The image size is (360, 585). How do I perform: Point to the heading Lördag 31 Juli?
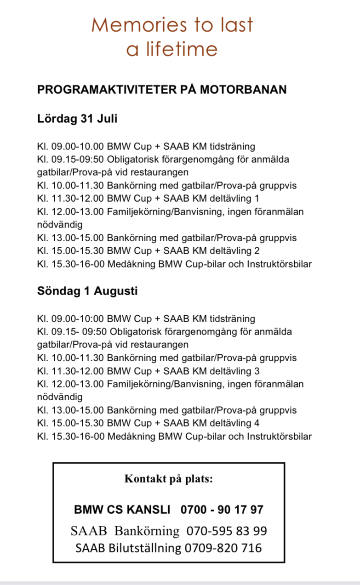click(x=77, y=119)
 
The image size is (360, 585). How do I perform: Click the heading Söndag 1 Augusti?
click(x=87, y=291)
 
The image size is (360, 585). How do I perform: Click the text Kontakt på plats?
click(x=169, y=479)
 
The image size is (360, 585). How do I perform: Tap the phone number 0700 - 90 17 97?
click(x=222, y=510)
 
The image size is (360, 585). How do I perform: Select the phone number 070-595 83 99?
click(x=226, y=531)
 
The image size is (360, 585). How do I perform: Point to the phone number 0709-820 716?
click(x=223, y=548)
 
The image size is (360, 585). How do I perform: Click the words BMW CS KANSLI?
click(x=122, y=510)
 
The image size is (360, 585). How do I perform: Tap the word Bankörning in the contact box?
click(x=147, y=531)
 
